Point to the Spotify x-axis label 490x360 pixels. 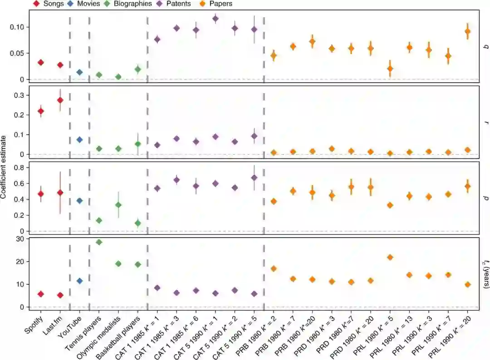[34, 323]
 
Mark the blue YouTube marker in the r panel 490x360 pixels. [79, 140]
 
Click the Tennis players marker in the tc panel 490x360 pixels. [99, 242]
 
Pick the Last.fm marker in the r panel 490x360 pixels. [60, 100]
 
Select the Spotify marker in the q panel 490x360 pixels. [41, 63]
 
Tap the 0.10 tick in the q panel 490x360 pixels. [18, 27]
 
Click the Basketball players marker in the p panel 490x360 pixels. [138, 224]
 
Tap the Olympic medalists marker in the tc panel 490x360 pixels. [118, 264]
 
